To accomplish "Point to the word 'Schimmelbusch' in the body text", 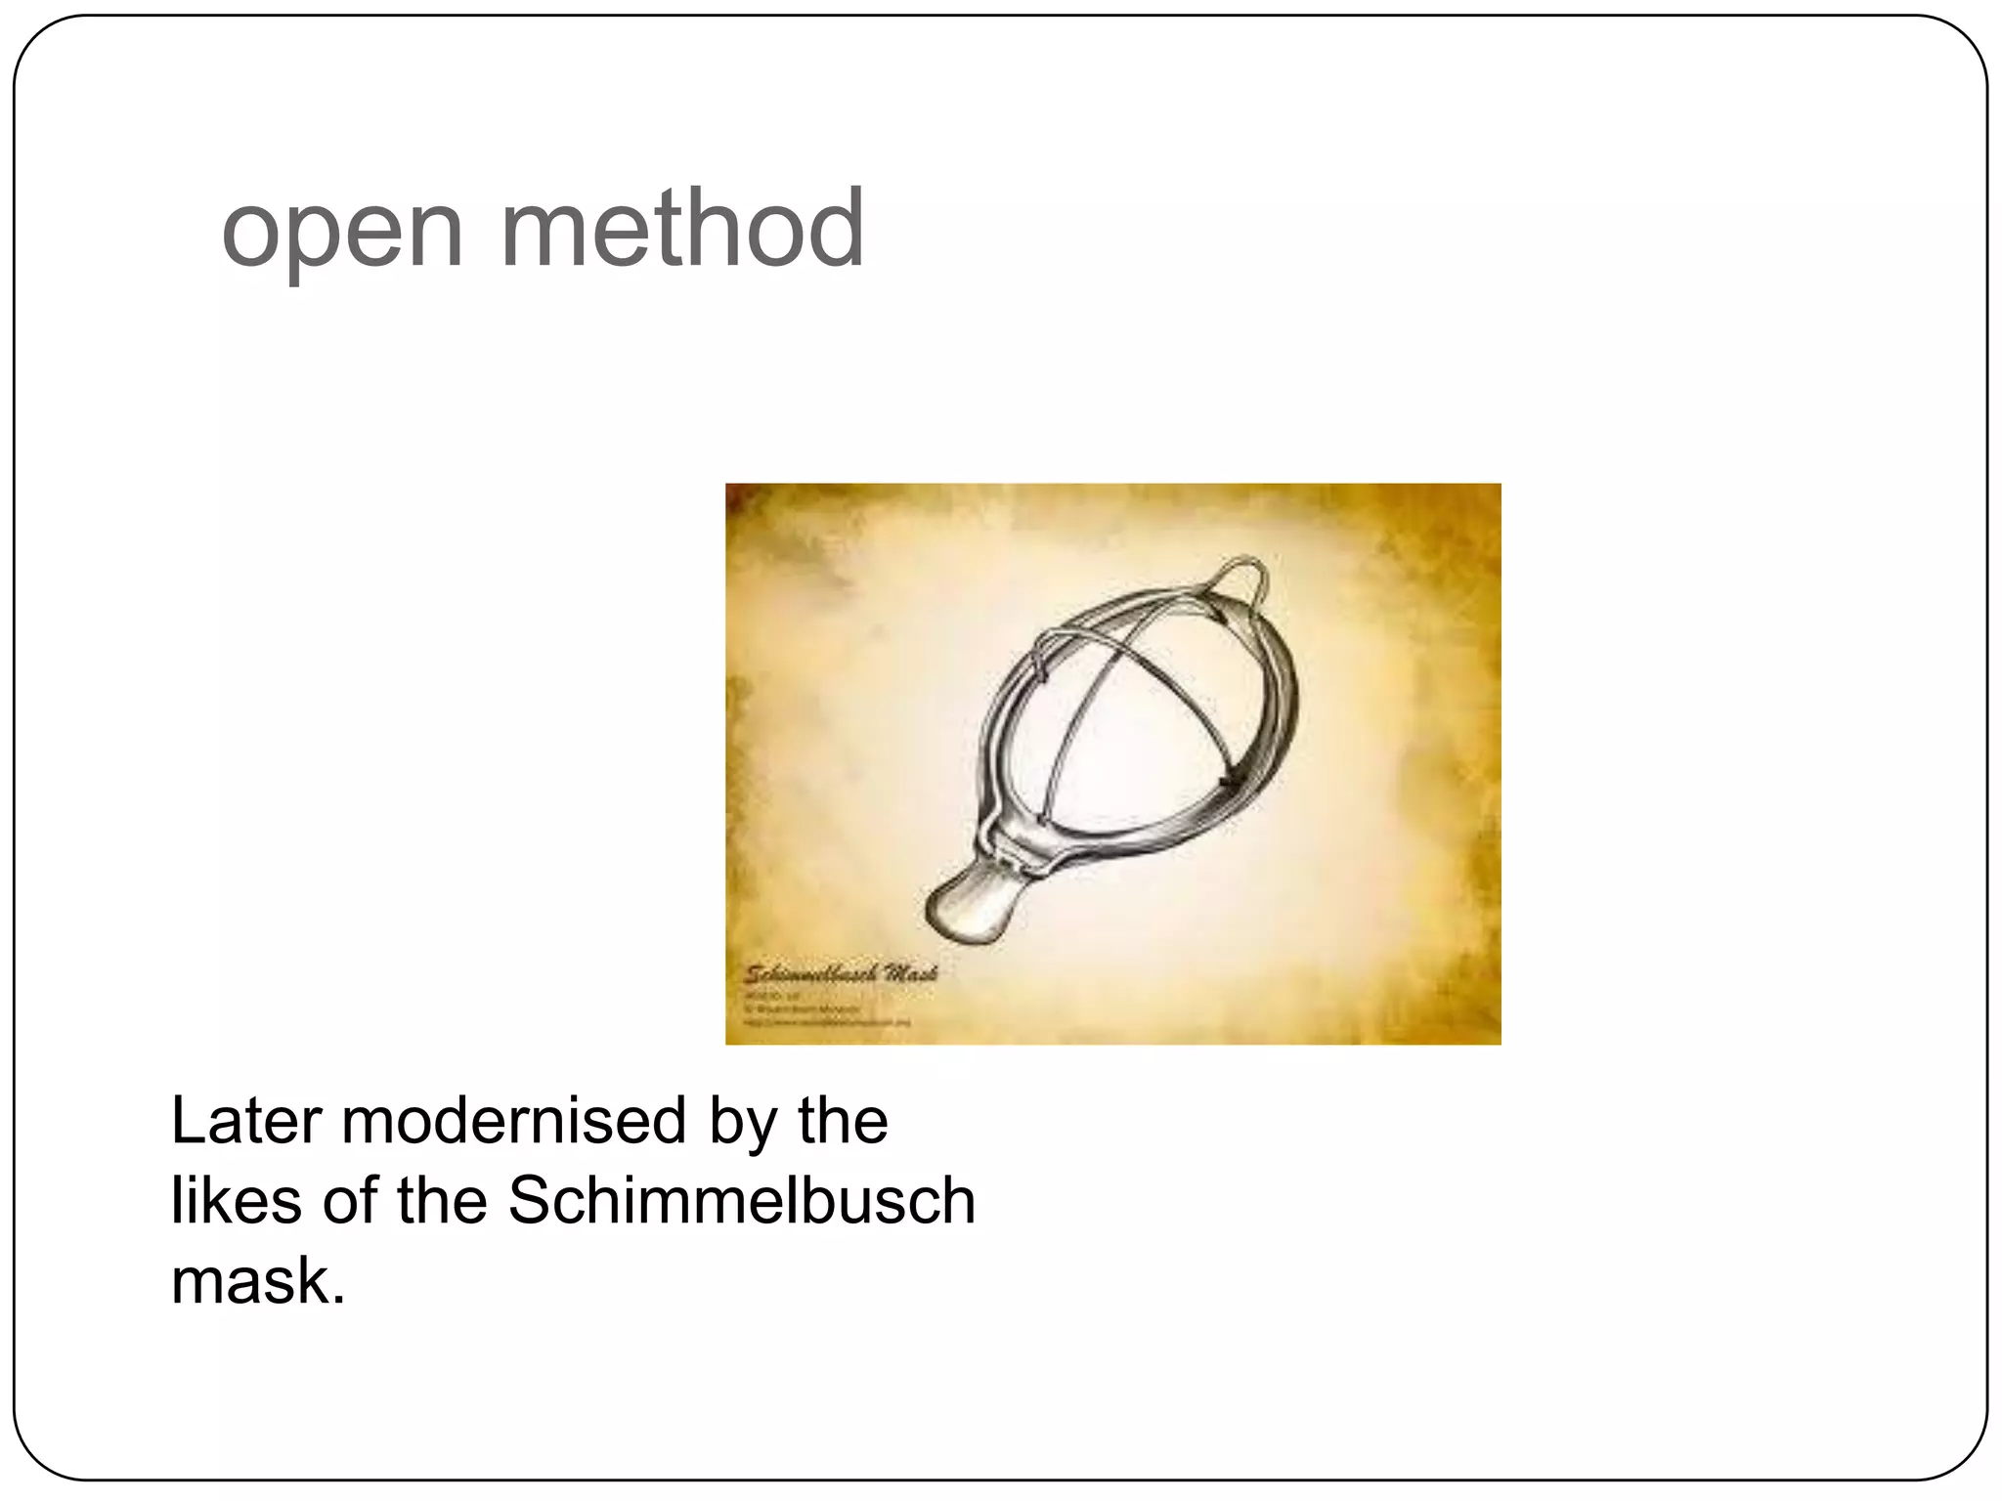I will pos(741,1200).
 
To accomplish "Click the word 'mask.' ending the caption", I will pos(258,1280).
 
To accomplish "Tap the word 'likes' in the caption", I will pos(236,1200).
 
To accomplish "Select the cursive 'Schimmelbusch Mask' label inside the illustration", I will pos(842,973).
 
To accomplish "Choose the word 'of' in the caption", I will pos(349,1200).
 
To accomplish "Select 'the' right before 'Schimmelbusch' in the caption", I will pos(442,1200).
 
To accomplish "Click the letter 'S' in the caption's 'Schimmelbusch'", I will pos(527,1200).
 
